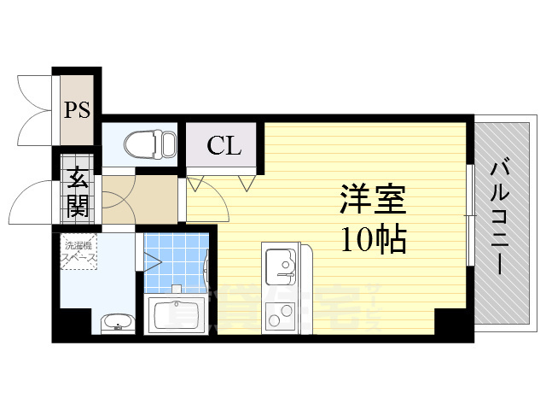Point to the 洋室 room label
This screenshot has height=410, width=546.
coord(372,202)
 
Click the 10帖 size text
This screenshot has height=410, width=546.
coord(373,241)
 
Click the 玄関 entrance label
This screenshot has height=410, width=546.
coord(78,193)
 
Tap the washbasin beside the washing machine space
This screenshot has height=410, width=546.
coord(115,323)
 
